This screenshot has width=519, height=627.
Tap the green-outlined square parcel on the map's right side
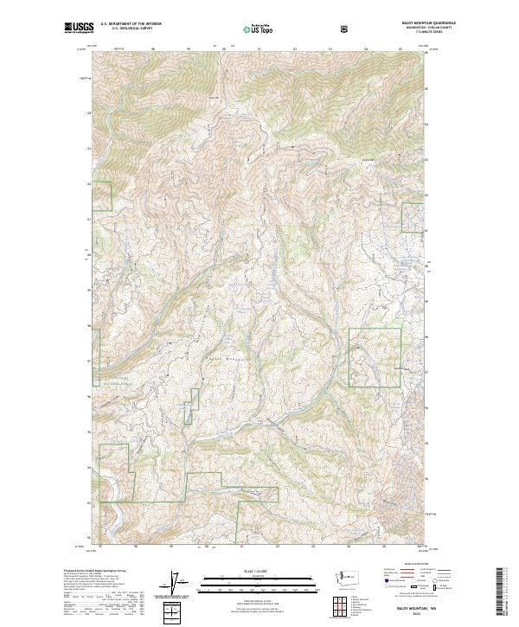(375, 356)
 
